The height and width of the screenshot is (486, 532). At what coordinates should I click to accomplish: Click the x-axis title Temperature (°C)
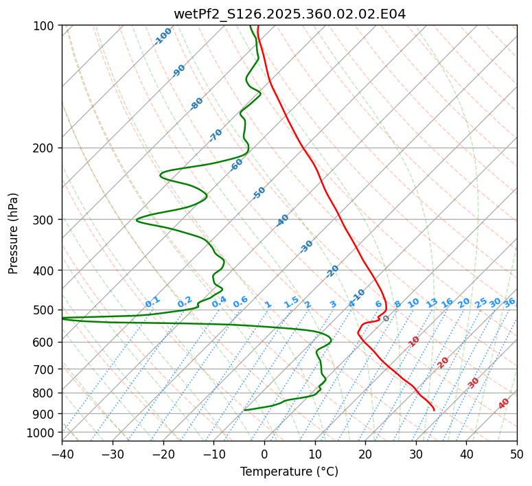click(289, 472)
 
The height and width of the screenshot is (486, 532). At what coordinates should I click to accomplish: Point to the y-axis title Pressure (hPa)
click(13, 233)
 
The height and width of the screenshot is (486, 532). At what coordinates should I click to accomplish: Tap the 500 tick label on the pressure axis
click(45, 310)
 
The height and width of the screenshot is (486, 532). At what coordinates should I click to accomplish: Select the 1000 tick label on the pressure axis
click(42, 432)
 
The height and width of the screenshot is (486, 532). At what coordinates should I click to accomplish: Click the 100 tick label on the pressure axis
click(45, 26)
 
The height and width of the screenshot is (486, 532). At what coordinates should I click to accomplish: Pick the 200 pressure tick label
click(45, 148)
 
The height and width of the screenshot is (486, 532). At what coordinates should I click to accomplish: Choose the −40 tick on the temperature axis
click(62, 454)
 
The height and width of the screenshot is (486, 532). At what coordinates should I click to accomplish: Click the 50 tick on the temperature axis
click(517, 454)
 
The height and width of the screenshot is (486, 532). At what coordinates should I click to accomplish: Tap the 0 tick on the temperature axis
click(264, 454)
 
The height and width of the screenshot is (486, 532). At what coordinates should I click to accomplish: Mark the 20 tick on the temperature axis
click(365, 454)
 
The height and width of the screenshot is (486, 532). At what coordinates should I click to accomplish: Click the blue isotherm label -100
click(163, 36)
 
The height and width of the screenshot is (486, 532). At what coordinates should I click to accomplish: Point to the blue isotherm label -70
click(216, 135)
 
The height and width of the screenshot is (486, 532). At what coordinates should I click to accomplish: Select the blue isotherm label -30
click(306, 246)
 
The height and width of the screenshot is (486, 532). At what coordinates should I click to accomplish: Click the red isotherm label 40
click(504, 404)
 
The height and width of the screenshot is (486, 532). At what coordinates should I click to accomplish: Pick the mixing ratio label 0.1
click(152, 301)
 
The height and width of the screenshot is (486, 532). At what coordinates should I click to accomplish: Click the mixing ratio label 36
click(509, 302)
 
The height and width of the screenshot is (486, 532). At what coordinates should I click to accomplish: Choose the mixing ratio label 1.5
click(291, 301)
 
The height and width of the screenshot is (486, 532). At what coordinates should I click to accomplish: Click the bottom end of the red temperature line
click(434, 410)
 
